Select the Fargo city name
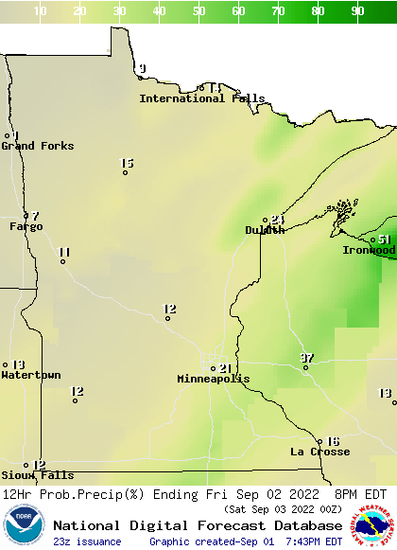26,226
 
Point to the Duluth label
265,230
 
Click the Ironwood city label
370,250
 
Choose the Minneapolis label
214,379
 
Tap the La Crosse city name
319,452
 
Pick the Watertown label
30,375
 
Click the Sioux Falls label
37,475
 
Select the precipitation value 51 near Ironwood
384,240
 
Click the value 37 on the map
306,357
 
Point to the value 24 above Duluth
277,220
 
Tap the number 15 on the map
127,163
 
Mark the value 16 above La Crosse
332,441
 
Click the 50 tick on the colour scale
199,11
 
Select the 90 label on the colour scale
358,11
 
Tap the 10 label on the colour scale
40,11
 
